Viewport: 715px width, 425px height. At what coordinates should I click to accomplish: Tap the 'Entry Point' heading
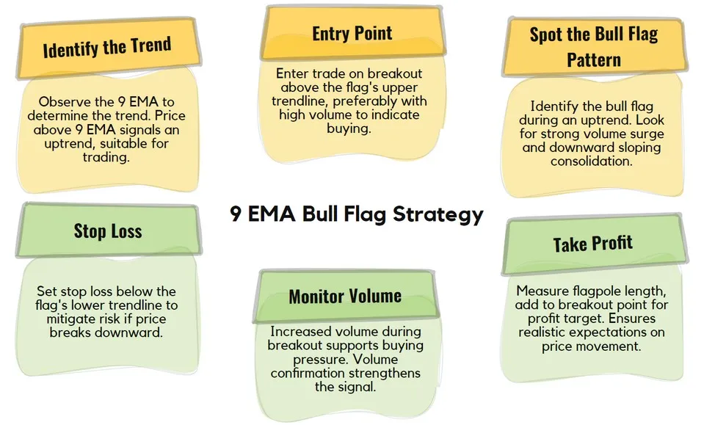[352, 33]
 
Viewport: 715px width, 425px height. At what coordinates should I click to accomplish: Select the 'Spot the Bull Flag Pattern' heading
[594, 46]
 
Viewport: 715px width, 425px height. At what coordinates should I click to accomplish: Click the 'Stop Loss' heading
[107, 231]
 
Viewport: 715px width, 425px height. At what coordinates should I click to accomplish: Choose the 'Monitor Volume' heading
[345, 296]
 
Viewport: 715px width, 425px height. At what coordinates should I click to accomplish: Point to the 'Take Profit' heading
[592, 244]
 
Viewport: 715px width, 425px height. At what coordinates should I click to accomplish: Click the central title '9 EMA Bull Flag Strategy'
[356, 214]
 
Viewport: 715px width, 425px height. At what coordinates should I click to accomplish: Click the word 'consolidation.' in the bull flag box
[592, 161]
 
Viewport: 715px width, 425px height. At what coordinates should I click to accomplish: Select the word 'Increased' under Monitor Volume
[298, 332]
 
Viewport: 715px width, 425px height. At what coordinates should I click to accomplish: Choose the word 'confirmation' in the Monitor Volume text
[309, 373]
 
